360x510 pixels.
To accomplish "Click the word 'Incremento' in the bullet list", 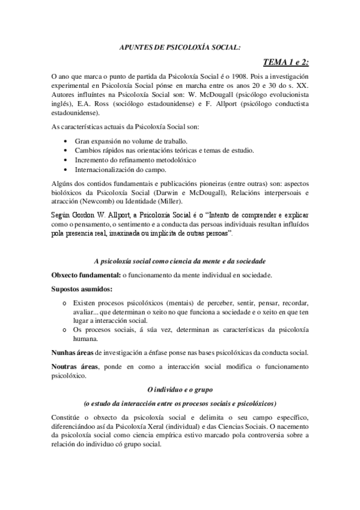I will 90,160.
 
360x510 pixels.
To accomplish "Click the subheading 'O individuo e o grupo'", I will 180,389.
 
